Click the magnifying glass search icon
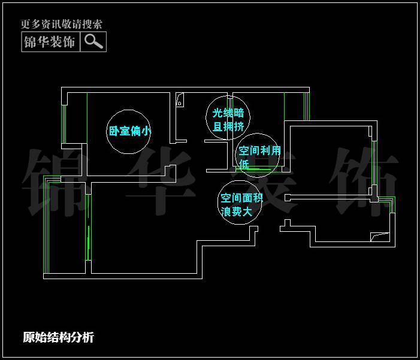pyautogui.click(x=93, y=41)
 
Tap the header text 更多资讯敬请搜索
pyautogui.click(x=62, y=25)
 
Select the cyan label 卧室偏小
pyautogui.click(x=130, y=131)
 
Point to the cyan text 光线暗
pyautogui.click(x=228, y=113)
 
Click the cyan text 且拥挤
pyautogui.click(x=228, y=126)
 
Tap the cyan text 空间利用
pyautogui.click(x=259, y=150)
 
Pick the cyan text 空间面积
pyautogui.click(x=241, y=198)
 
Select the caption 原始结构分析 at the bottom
pyautogui.click(x=58, y=337)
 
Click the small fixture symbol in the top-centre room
pyautogui.click(x=180, y=99)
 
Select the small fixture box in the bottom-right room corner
pyautogui.click(x=380, y=237)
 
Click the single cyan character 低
pyautogui.click(x=244, y=163)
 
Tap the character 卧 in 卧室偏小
pyautogui.click(x=113, y=131)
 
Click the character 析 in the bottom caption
pyautogui.click(x=88, y=337)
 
